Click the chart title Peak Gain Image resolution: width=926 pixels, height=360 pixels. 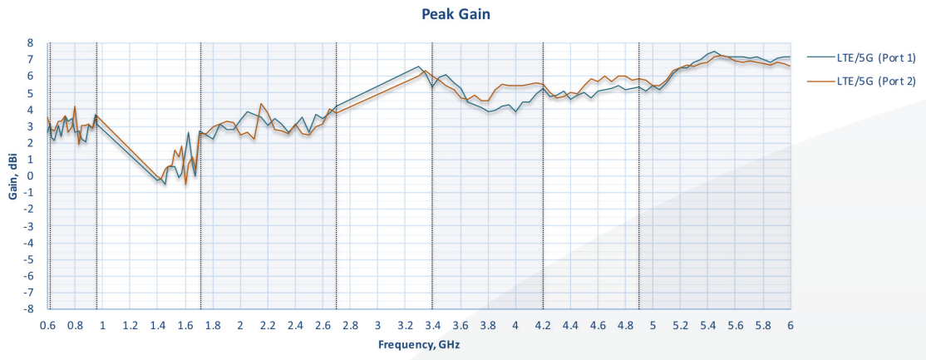point(456,14)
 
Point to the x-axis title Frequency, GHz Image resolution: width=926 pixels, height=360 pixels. point(419,345)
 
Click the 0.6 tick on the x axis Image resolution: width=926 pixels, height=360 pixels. point(47,326)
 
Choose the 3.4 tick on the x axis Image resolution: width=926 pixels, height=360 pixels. point(433,326)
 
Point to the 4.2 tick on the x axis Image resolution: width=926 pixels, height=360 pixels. point(544,326)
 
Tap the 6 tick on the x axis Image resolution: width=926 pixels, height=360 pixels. point(791,326)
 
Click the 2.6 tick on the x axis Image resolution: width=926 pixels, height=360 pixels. point(323,326)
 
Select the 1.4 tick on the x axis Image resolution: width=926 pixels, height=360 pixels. point(157,326)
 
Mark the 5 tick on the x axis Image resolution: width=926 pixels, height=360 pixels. point(653,326)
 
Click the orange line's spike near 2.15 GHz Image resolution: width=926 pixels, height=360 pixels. point(260,103)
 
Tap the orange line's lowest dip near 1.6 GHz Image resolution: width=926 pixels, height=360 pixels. point(185,185)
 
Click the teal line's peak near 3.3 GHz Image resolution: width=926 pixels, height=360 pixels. point(418,67)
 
